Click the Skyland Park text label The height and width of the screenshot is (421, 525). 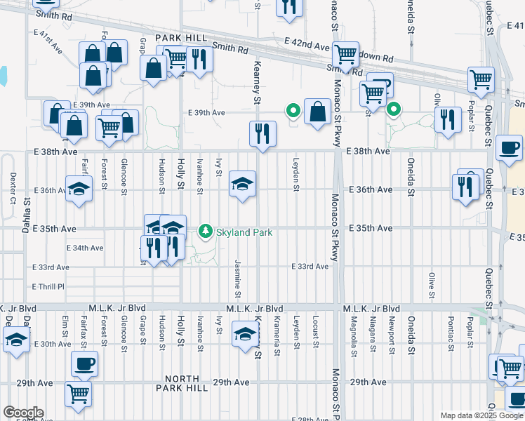tap(244, 232)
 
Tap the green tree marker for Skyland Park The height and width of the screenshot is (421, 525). tap(206, 231)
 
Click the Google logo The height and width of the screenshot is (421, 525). tap(23, 413)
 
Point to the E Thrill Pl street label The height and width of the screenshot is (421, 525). tap(48, 286)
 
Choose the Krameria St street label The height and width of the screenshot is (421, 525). tap(278, 335)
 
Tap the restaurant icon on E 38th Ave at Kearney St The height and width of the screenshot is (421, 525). tap(262, 133)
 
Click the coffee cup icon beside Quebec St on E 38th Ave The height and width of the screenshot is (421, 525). tap(509, 148)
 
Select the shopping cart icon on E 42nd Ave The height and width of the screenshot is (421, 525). tap(345, 54)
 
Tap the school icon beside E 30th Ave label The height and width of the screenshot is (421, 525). tap(15, 341)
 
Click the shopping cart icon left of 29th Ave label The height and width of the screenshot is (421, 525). tap(78, 393)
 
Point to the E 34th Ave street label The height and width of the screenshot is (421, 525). tap(86, 248)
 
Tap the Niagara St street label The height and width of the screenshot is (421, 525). tap(372, 335)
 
